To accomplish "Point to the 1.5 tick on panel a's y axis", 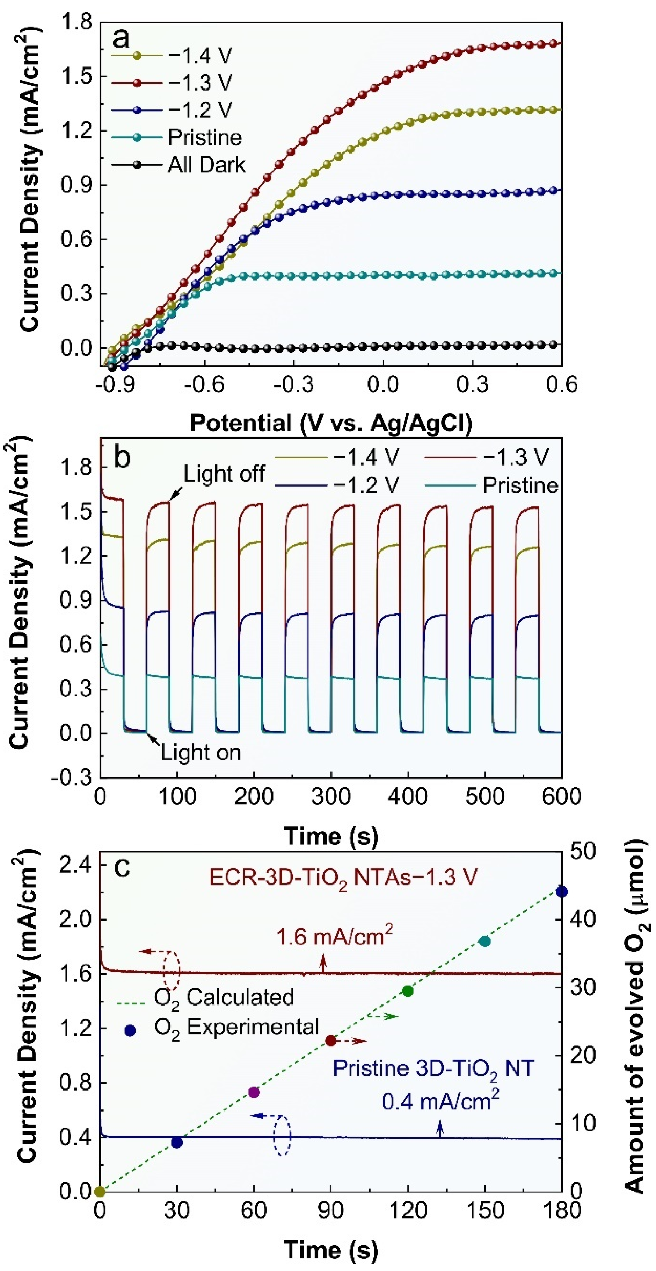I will tap(79, 77).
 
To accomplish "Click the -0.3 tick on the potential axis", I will tap(294, 384).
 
